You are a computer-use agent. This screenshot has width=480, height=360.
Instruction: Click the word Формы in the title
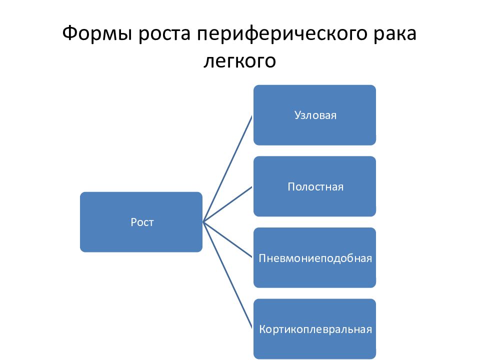[97, 33]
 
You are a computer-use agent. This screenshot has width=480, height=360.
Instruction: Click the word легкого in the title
[239, 61]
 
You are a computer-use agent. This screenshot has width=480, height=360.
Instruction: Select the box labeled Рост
[141, 222]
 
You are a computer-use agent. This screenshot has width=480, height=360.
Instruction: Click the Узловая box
[314, 115]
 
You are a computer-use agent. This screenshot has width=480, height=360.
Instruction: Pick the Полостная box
[314, 186]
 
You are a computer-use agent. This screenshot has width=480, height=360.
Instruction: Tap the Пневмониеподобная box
[314, 258]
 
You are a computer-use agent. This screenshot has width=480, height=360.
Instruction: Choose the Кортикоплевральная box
[314, 329]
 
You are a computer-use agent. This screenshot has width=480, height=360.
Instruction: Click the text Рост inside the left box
[142, 222]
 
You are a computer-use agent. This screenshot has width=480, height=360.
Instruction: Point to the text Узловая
[315, 115]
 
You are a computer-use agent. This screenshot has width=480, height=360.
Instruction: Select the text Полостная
[315, 186]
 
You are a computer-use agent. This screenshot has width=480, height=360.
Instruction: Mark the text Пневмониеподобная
[315, 258]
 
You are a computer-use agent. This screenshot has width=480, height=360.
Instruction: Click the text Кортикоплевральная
[315, 329]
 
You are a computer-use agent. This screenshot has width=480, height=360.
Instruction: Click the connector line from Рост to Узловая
[227, 168]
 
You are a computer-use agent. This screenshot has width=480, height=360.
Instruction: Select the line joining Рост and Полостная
[228, 204]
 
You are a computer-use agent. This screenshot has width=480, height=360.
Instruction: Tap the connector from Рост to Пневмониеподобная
[228, 240]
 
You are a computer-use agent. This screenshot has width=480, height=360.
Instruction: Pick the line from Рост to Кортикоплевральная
[228, 275]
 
